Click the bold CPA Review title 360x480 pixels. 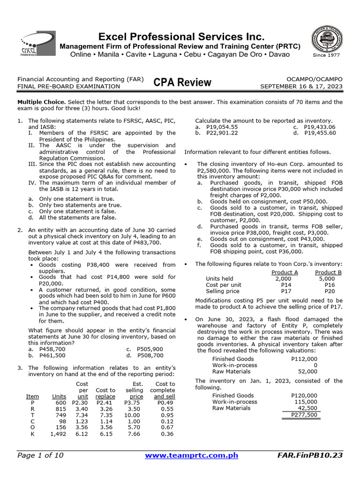(x=182, y=83)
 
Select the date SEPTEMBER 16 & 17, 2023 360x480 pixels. (x=301, y=87)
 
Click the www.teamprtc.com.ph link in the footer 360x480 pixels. (x=192, y=455)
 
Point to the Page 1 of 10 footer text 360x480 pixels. (x=40, y=455)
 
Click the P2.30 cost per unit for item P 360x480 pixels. (x=80, y=402)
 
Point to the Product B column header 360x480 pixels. (x=328, y=273)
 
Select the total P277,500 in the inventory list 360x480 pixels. (x=304, y=415)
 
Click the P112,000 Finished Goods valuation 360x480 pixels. (x=304, y=359)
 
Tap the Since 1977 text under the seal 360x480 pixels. (x=327, y=56)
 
